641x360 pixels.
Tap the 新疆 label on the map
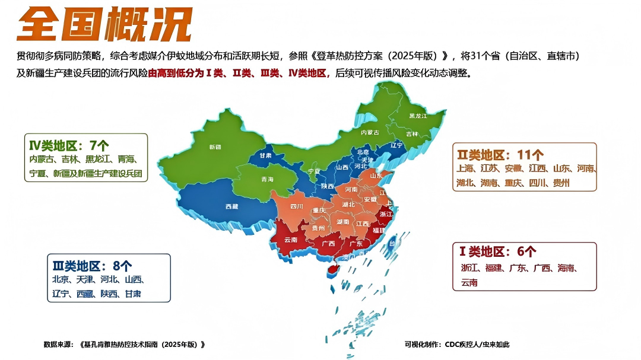(x=215, y=146)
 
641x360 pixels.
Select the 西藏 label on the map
(x=232, y=206)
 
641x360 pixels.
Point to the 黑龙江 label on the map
(x=417, y=116)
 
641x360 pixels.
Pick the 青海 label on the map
(x=267, y=179)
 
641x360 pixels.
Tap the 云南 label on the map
(x=291, y=240)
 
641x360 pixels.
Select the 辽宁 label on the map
(x=396, y=145)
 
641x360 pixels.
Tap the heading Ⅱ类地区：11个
(x=500, y=155)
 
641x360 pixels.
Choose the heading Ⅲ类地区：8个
(x=93, y=266)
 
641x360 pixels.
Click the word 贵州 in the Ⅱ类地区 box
(x=561, y=183)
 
